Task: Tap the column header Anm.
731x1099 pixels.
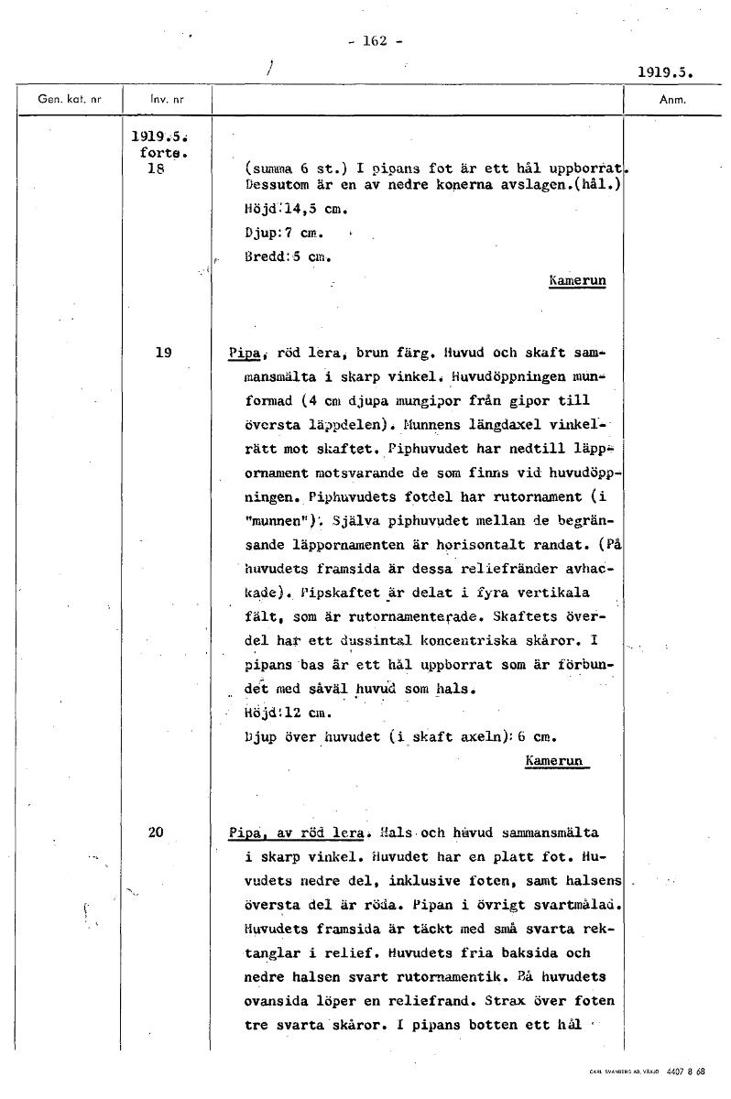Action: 672,100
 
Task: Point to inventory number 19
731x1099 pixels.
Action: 163,351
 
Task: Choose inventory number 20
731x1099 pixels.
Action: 156,832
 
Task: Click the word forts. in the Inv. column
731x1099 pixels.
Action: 153,153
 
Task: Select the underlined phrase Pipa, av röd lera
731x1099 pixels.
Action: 297,833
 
